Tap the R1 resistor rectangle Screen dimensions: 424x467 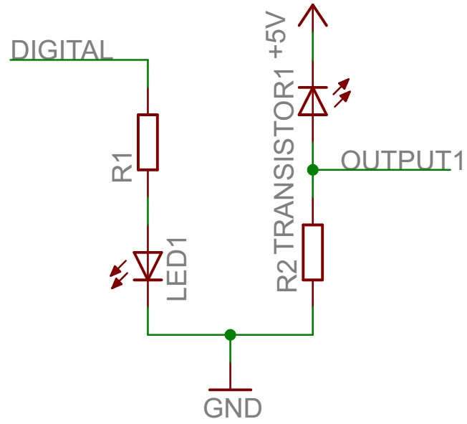[148, 141]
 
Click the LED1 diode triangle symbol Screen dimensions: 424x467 [148, 265]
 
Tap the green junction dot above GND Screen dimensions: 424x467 [230, 334]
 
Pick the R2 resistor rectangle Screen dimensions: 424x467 [313, 252]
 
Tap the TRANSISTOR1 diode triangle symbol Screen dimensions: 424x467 [312, 101]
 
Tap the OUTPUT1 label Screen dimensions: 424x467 [402, 160]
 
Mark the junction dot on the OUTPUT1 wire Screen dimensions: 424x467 [312, 170]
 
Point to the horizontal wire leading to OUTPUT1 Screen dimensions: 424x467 [380, 170]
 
